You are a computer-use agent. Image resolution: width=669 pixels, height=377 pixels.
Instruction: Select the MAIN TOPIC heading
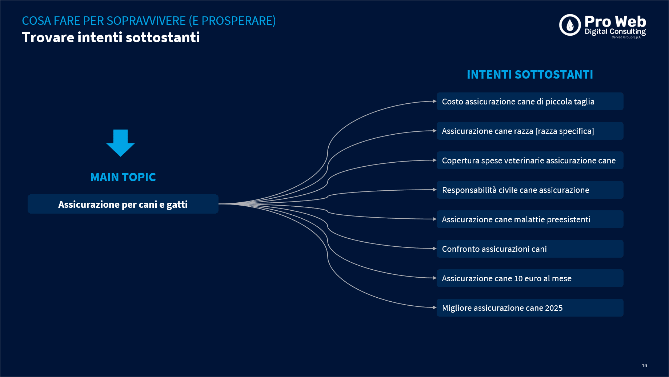123,177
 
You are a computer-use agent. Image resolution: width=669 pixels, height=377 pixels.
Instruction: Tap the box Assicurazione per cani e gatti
123,204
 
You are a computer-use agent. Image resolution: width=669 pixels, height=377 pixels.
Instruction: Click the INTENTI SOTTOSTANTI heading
530,75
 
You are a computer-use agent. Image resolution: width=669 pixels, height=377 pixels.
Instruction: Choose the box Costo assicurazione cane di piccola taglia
530,102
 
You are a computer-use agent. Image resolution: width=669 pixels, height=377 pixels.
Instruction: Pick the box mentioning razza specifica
530,131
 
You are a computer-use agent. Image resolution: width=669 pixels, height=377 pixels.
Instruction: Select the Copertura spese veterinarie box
530,160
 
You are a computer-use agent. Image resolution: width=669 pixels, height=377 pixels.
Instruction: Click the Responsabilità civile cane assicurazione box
530,190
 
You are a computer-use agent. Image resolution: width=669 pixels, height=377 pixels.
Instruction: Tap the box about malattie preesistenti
530,219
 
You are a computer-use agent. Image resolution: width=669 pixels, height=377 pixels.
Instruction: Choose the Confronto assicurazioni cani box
530,249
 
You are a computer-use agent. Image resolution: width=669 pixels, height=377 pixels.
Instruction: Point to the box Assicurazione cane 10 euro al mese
530,278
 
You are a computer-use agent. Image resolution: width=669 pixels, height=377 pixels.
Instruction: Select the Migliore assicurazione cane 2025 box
530,308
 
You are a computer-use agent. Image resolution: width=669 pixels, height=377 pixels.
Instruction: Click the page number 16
644,365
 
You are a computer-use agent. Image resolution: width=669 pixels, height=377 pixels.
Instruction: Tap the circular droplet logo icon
570,25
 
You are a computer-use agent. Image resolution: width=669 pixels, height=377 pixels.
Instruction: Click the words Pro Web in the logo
615,21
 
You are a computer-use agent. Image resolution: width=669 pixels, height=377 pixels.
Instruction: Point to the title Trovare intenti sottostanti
111,37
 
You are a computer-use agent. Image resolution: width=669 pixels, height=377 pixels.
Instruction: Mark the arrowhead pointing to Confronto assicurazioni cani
434,249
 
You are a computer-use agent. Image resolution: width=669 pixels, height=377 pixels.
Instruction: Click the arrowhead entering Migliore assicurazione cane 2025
434,307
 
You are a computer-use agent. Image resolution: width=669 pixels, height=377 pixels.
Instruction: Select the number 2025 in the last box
554,308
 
